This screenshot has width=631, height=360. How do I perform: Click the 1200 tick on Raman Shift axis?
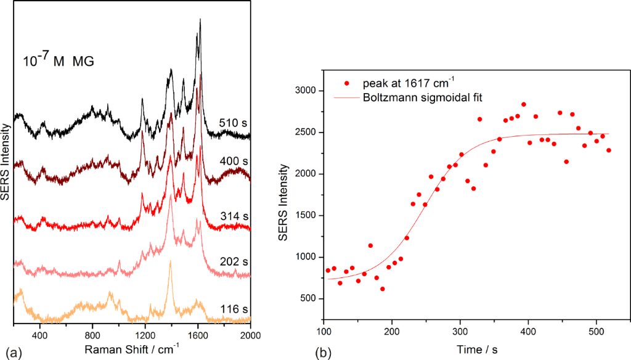pos(145,335)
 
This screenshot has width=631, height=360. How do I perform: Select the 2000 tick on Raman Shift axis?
pos(250,335)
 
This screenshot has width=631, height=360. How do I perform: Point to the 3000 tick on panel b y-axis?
pos(307,91)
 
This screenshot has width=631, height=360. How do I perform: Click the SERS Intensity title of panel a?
pos(6,164)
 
